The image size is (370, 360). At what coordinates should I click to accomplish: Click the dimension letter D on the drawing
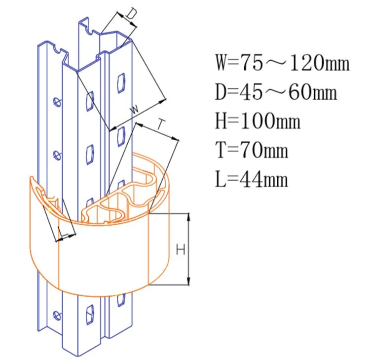pyautogui.click(x=131, y=14)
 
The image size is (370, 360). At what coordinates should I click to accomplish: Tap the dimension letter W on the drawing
pyautogui.click(x=135, y=109)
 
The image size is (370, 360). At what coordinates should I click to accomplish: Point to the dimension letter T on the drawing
pyautogui.click(x=161, y=124)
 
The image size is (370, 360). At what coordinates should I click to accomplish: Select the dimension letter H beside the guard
pyautogui.click(x=181, y=249)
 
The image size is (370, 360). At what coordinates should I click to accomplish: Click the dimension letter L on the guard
pyautogui.click(x=63, y=232)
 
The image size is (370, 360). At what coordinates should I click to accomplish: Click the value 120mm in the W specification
pyautogui.click(x=320, y=63)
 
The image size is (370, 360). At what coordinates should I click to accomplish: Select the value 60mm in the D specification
pyautogui.click(x=313, y=92)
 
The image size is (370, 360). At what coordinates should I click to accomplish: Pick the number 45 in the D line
pyautogui.click(x=251, y=92)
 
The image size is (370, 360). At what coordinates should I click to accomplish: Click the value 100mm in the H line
pyautogui.click(x=270, y=121)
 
